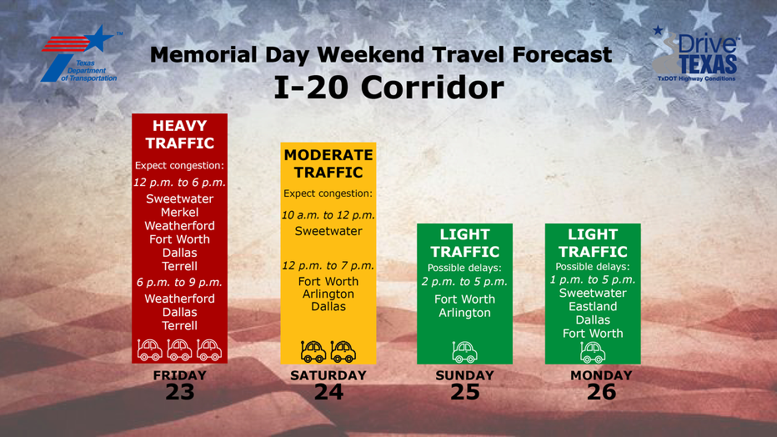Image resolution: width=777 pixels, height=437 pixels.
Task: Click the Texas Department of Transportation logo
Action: point(81,54)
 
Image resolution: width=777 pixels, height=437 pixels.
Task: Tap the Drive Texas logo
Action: point(696,54)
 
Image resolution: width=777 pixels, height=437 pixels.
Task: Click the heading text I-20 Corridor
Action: point(388,88)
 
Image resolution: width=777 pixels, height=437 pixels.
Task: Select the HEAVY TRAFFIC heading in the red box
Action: point(179,134)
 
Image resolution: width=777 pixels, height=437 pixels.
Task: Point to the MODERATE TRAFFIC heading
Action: point(328,163)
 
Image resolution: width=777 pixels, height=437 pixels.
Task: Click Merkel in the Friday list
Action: point(179,212)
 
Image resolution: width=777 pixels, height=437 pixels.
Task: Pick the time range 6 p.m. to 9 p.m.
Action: point(179,283)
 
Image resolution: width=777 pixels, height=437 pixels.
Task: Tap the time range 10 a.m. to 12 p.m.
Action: point(328,215)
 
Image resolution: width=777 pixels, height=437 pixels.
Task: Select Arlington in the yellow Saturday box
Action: point(328,294)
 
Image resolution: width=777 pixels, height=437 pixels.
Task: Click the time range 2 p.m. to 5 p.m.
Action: point(464,282)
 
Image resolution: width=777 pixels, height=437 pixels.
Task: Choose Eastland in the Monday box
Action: point(593,306)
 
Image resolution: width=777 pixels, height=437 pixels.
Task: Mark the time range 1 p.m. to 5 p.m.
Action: point(593,280)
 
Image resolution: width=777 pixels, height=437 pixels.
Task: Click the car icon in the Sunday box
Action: point(464,352)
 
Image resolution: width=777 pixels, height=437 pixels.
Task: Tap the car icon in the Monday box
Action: point(593,352)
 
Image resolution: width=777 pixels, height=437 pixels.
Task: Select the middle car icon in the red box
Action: point(179,349)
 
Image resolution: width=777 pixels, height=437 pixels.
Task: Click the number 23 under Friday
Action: point(179,392)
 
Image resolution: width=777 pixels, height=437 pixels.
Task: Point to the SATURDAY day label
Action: point(328,375)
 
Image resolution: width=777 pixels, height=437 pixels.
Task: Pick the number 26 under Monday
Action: point(601,392)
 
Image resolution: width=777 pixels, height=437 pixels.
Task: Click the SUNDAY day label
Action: point(464,375)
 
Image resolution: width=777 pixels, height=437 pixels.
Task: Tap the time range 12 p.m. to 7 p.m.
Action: point(328,265)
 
